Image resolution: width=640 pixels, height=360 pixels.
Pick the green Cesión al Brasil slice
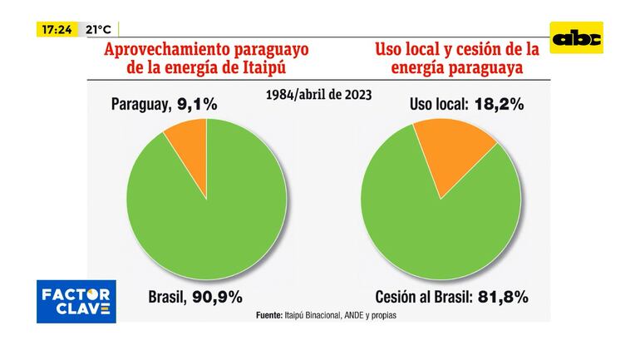(x=441, y=233)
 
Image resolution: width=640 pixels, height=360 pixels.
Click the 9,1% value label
(x=196, y=105)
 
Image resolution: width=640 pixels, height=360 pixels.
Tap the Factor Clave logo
(x=76, y=302)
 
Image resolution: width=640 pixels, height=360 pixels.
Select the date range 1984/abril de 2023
(x=319, y=94)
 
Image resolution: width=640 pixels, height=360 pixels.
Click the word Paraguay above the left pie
(x=140, y=105)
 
